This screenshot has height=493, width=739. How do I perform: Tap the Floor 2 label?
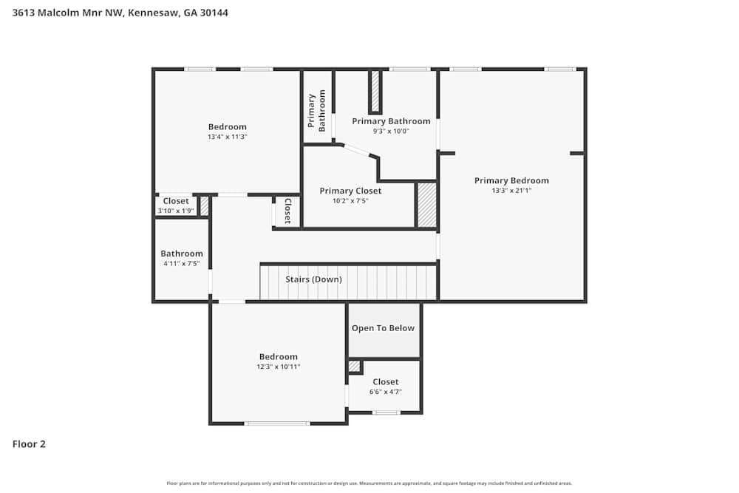coord(29,444)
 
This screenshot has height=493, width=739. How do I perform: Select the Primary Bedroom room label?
coord(511,180)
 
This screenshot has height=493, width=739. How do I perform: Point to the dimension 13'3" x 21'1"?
coord(511,190)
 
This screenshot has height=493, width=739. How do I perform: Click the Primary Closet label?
coord(350,191)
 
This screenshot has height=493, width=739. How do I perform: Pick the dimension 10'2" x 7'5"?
coord(350,200)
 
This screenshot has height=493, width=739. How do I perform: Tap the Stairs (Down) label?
coord(314,279)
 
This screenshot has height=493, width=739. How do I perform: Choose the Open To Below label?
coord(383,328)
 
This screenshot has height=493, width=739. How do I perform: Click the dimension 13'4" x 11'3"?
coord(227,137)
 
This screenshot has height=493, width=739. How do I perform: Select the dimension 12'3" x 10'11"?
coord(278,367)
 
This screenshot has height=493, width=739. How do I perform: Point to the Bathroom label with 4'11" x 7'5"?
coord(181,254)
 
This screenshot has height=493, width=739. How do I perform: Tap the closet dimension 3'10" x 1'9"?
coord(176,211)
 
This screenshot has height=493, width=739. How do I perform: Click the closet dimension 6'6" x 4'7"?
coord(385,392)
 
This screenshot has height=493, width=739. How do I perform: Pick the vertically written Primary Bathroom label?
coord(316,112)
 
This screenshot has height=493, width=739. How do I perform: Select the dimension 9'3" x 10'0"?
coord(391,132)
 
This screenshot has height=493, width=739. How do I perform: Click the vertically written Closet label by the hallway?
coord(287,211)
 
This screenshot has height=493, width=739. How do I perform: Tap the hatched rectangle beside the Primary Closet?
coord(427,205)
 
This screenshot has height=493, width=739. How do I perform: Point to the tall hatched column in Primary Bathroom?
coord(375,92)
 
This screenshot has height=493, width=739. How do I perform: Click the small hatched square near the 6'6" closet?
coord(354,366)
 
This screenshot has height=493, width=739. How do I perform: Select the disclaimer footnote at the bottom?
coord(369,483)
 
